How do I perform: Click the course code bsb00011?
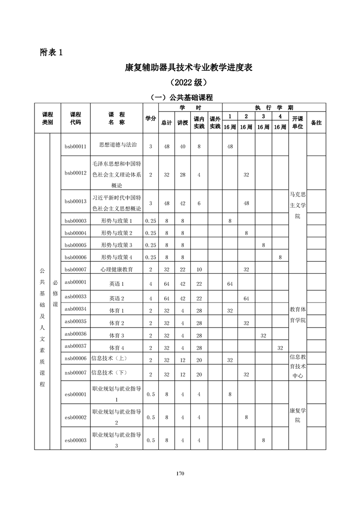click(75, 146)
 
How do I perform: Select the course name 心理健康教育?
click(117, 269)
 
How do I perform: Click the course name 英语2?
click(117, 298)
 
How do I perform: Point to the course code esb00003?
click(75, 440)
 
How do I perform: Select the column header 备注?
click(316, 122)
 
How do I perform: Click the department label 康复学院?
click(297, 415)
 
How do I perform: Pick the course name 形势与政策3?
click(117, 245)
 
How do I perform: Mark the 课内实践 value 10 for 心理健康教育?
click(199, 269)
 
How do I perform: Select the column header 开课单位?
click(297, 122)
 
